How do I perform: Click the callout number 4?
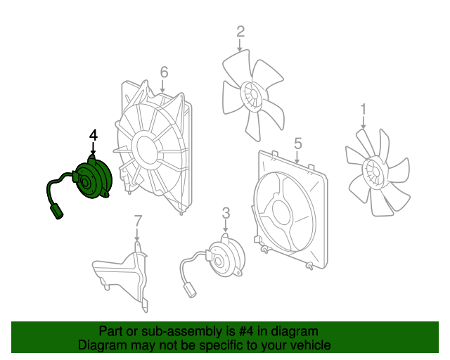(94, 136)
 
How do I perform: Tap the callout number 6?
(164, 72)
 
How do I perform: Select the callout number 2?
(240, 32)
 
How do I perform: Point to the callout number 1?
(364, 110)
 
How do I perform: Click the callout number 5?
(298, 143)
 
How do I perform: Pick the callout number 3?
(226, 213)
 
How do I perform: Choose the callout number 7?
(138, 221)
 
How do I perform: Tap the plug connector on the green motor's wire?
(56, 212)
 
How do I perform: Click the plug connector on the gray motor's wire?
(190, 290)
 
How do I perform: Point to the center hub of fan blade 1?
(374, 172)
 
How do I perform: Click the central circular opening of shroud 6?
(147, 150)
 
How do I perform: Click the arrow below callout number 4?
(93, 148)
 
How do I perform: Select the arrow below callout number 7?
(137, 234)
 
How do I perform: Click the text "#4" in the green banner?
(246, 331)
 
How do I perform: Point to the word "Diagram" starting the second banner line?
(97, 345)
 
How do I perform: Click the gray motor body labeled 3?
(226, 258)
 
